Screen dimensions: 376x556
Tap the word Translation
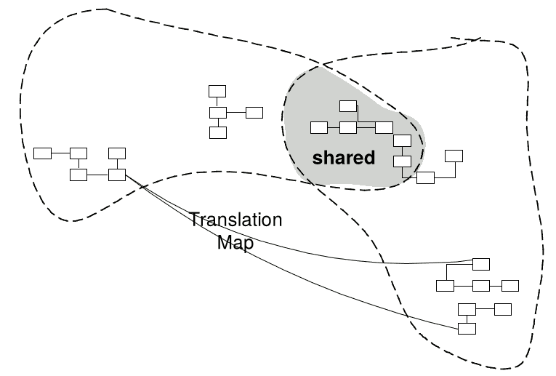pos(236,220)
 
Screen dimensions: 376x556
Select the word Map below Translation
pos(235,243)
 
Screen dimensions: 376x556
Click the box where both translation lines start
pos(117,175)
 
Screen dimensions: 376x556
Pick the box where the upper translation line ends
pos(481,263)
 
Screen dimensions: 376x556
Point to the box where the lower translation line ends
pos(467,328)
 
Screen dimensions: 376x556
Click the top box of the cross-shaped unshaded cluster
pos(218,91)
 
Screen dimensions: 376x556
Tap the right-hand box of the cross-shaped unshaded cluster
pos(254,112)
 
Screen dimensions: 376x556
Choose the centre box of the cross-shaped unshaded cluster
pos(218,112)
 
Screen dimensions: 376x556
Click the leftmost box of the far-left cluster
pos(43,153)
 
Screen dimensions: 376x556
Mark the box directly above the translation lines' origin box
pos(117,153)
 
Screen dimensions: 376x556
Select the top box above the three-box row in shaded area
pos(348,106)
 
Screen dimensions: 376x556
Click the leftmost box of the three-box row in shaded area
pos(319,128)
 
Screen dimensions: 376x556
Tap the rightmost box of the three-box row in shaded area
pos(384,128)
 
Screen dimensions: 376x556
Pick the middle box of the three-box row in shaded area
pos(348,128)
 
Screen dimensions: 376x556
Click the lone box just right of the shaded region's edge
pos(454,156)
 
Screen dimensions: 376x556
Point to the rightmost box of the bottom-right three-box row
pos(509,285)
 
